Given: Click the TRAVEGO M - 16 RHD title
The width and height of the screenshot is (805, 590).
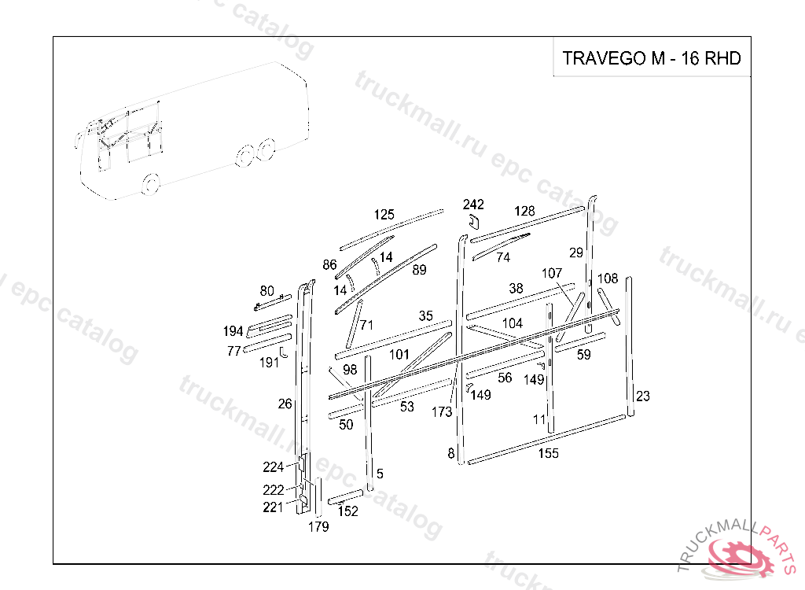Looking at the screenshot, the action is coord(652,58).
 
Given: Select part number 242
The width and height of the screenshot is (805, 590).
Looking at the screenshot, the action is coord(473,205).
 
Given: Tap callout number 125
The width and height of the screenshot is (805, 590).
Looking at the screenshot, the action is coord(384,215).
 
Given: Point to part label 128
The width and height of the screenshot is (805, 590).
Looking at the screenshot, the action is coord(524,211).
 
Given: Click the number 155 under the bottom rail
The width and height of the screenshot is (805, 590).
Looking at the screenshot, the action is coord(548,453).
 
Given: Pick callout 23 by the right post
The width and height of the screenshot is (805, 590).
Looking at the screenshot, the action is coord(643,396).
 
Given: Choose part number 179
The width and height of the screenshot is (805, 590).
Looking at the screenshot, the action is coord(318,527).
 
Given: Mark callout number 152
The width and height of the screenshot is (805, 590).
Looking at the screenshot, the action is coord(347,511).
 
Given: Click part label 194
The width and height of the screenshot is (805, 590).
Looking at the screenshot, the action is coord(233,331).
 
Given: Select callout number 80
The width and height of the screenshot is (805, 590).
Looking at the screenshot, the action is coord(266,291).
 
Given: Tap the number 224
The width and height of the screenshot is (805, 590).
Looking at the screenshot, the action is coord(273,467).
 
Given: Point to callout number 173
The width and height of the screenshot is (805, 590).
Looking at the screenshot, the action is coord(442,411).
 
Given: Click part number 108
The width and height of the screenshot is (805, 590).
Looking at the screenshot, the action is coord(608,278).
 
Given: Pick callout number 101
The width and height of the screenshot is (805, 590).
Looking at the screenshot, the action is coord(399,355).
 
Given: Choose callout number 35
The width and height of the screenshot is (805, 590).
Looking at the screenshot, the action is coord(425,316).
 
